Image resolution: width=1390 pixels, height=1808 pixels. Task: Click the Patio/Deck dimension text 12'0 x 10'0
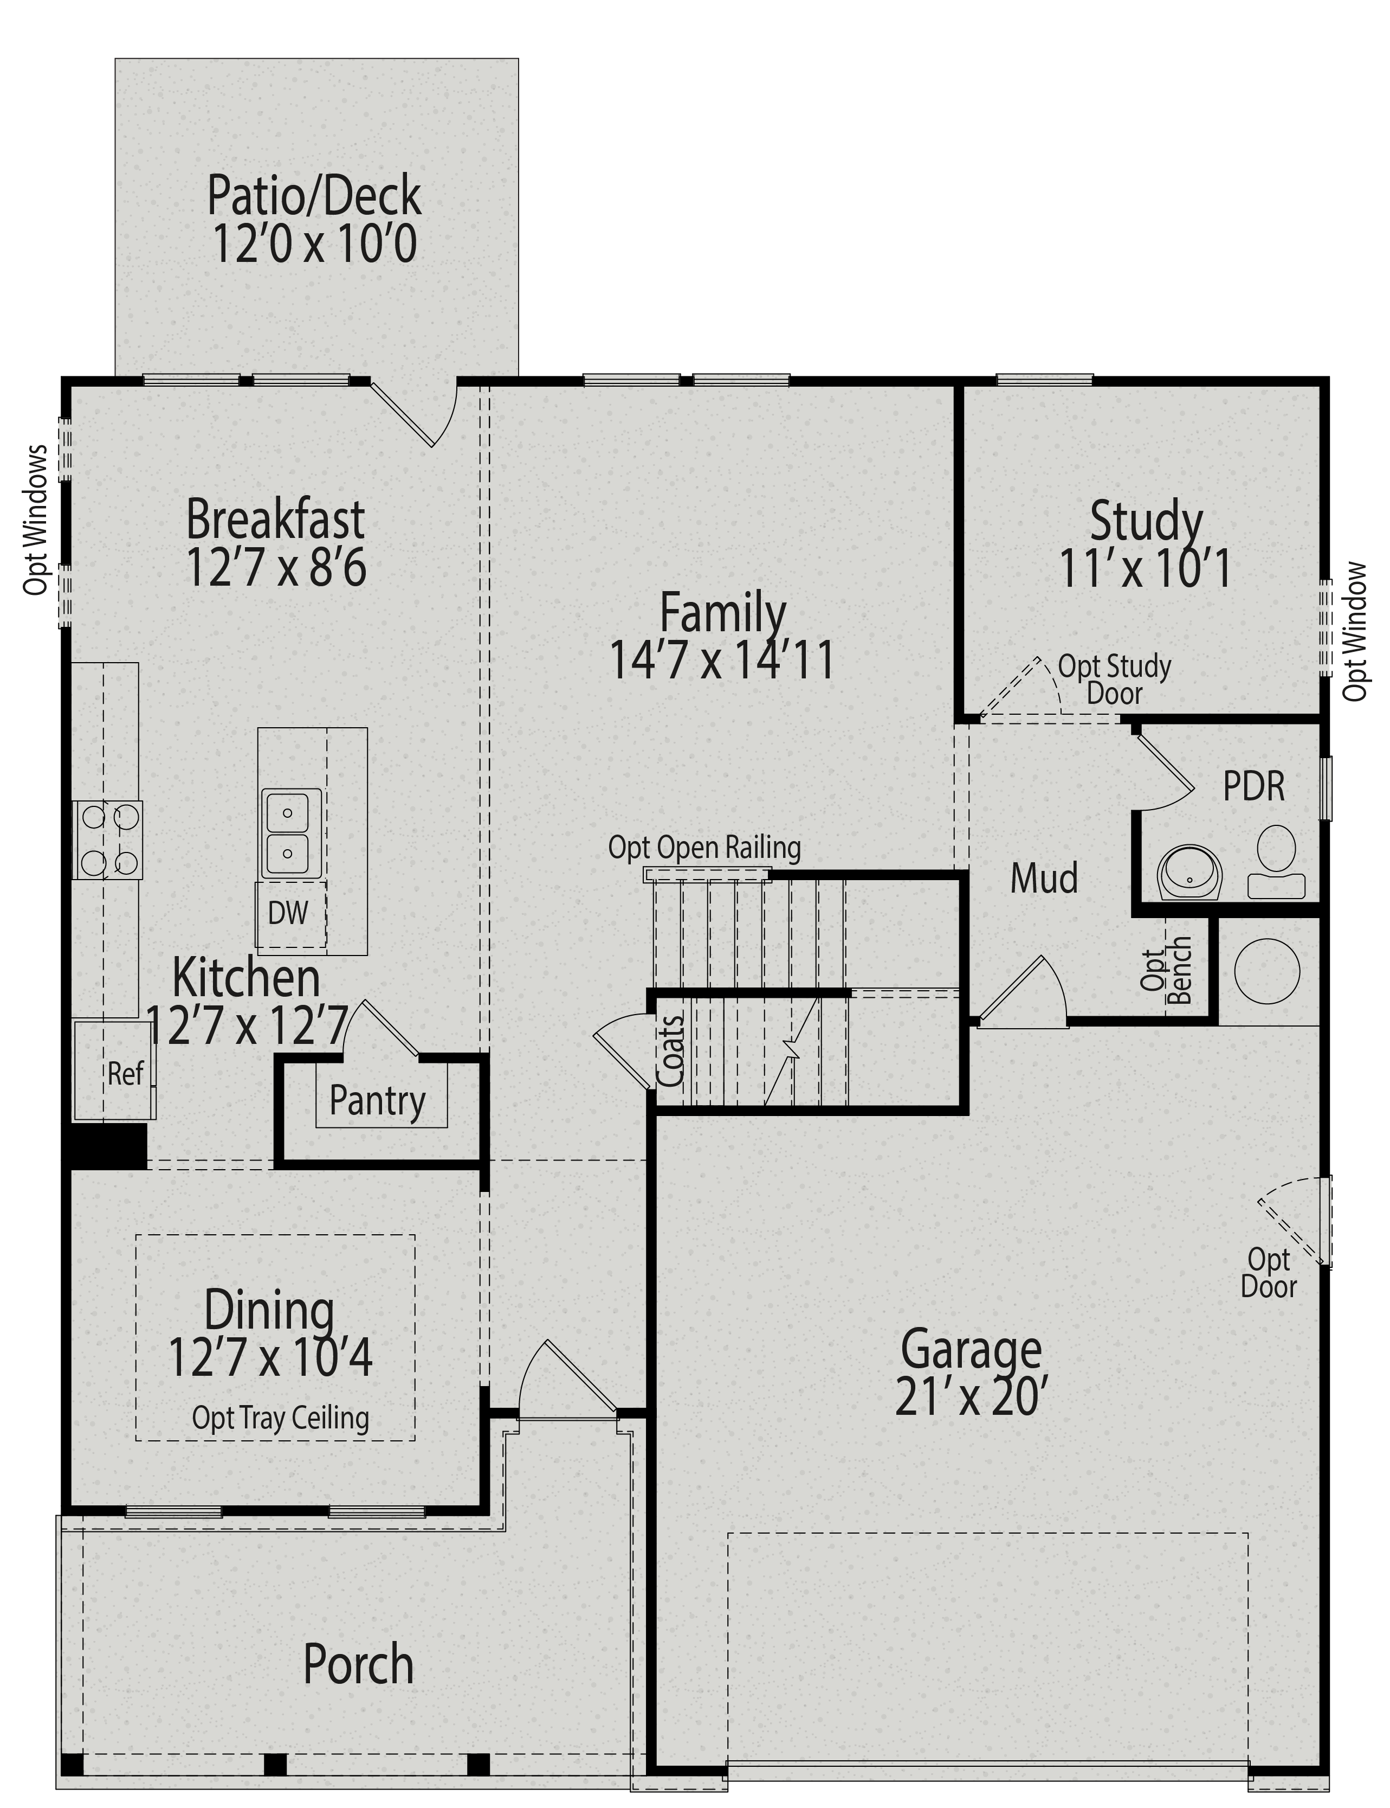pos(314,245)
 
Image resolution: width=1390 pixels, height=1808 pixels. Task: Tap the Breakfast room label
pos(275,520)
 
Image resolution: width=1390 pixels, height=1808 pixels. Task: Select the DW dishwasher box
pos(289,914)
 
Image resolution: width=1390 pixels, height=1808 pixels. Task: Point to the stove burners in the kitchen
pos(107,839)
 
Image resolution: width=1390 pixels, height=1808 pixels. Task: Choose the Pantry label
pos(377,1101)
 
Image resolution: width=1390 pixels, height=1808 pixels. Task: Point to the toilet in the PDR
pos(1277,862)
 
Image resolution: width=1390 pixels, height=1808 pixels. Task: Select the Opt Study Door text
pos(1115,679)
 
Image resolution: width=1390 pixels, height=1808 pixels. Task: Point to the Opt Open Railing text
pos(704,848)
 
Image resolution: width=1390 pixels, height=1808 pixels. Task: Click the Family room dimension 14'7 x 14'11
pos(721,662)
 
